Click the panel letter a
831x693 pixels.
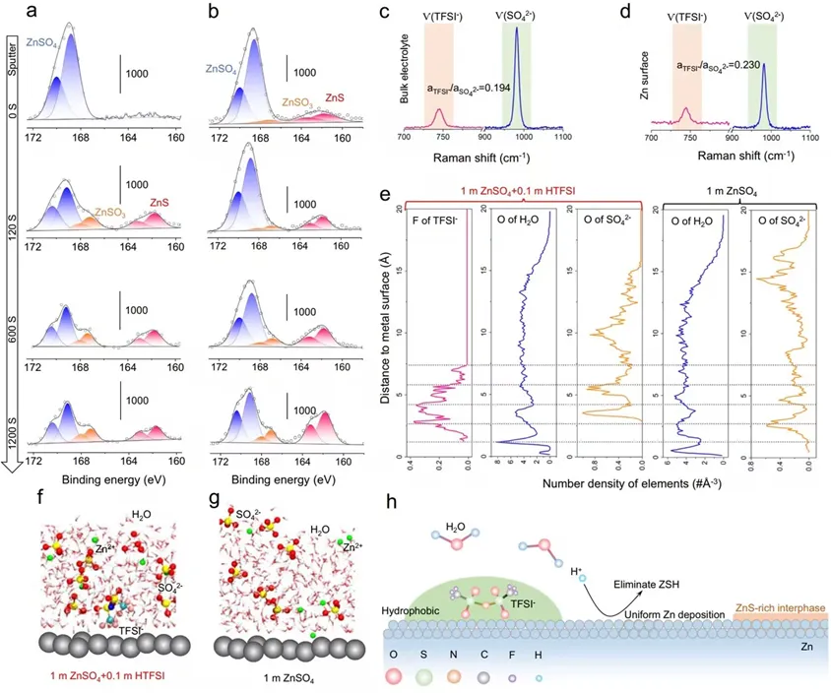pos(34,13)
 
